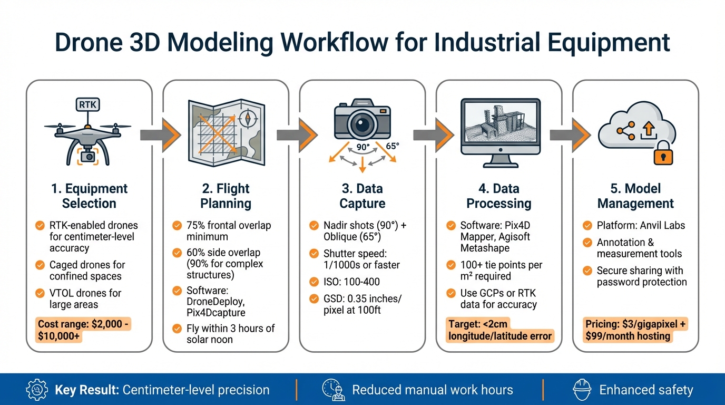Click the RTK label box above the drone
coord(87,105)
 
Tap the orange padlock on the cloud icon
coord(663,153)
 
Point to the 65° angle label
coord(393,146)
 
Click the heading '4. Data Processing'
coord(498,196)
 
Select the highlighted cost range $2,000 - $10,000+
coord(84,331)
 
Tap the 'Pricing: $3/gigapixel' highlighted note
coord(635,331)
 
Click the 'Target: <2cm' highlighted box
coord(499,330)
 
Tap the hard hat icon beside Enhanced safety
coord(582,390)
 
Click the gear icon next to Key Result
coord(37,390)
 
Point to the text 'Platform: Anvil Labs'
coord(641,226)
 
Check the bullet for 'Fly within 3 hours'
coord(177,329)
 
